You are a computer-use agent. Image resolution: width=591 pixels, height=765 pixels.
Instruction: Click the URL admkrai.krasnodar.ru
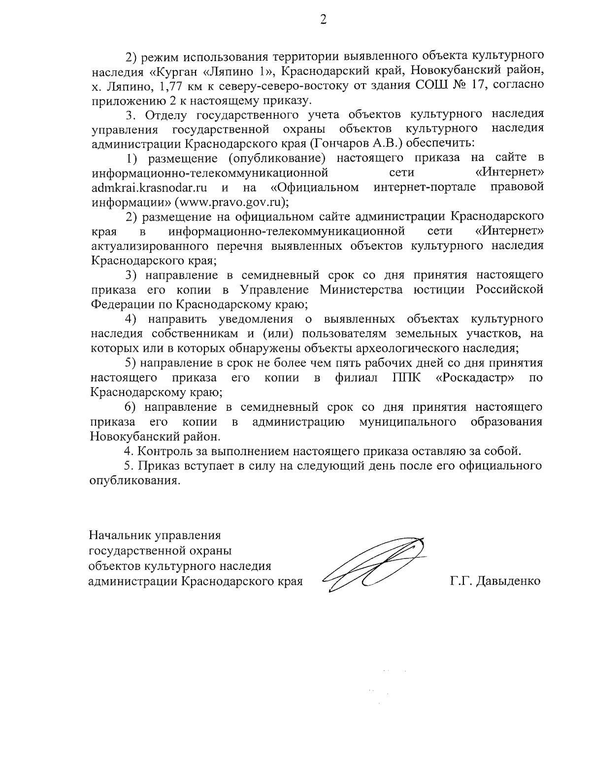[149, 188]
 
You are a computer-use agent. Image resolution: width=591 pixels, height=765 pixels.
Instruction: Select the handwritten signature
[374, 564]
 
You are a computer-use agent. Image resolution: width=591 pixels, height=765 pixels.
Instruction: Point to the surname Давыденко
[507, 581]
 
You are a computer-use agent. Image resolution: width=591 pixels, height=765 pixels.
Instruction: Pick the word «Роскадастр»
[476, 378]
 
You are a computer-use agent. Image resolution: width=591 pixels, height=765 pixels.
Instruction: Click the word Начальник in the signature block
[120, 535]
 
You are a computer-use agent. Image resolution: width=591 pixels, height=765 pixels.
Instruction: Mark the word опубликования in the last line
[132, 481]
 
